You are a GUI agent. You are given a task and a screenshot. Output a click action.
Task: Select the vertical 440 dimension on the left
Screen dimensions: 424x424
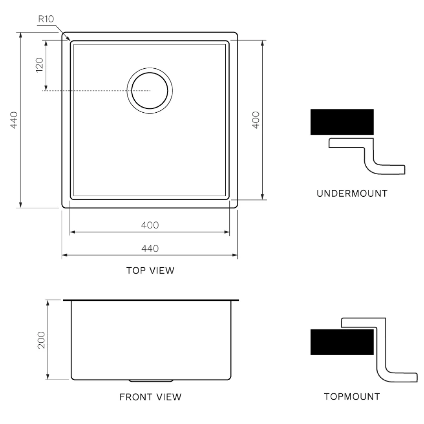point(14,120)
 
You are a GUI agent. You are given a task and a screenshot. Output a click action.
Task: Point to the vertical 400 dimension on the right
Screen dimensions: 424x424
point(256,120)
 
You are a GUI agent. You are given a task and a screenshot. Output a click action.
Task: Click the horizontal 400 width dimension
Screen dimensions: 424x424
point(150,225)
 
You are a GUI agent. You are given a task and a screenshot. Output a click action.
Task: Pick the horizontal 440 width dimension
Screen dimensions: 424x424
point(150,249)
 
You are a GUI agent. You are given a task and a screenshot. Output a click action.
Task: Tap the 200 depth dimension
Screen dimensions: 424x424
point(41,340)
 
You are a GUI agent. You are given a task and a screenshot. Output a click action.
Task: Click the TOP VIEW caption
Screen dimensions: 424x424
point(150,270)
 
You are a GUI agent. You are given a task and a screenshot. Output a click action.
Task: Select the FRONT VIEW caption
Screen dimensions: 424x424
point(150,397)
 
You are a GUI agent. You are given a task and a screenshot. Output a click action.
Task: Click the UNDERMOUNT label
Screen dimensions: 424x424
point(352,194)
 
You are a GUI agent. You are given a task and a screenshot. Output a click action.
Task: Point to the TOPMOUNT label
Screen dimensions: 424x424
point(352,397)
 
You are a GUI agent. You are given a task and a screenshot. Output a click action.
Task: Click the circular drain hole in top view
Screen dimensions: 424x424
point(150,90)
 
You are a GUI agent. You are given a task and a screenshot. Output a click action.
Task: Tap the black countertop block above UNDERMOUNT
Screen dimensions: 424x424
point(342,122)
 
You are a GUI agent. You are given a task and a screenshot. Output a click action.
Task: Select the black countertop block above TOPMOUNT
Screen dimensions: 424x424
point(342,342)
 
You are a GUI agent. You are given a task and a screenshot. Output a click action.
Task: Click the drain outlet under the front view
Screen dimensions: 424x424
point(151,381)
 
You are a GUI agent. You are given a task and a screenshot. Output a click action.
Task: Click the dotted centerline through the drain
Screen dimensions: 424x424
point(98,91)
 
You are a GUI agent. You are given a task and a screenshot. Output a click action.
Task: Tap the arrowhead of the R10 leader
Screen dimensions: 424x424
point(69,39)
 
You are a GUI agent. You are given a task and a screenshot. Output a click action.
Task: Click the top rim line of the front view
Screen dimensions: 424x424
point(151,300)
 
